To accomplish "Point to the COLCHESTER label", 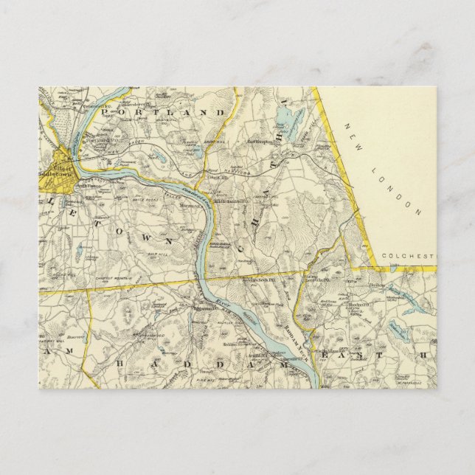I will click(x=409, y=256).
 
